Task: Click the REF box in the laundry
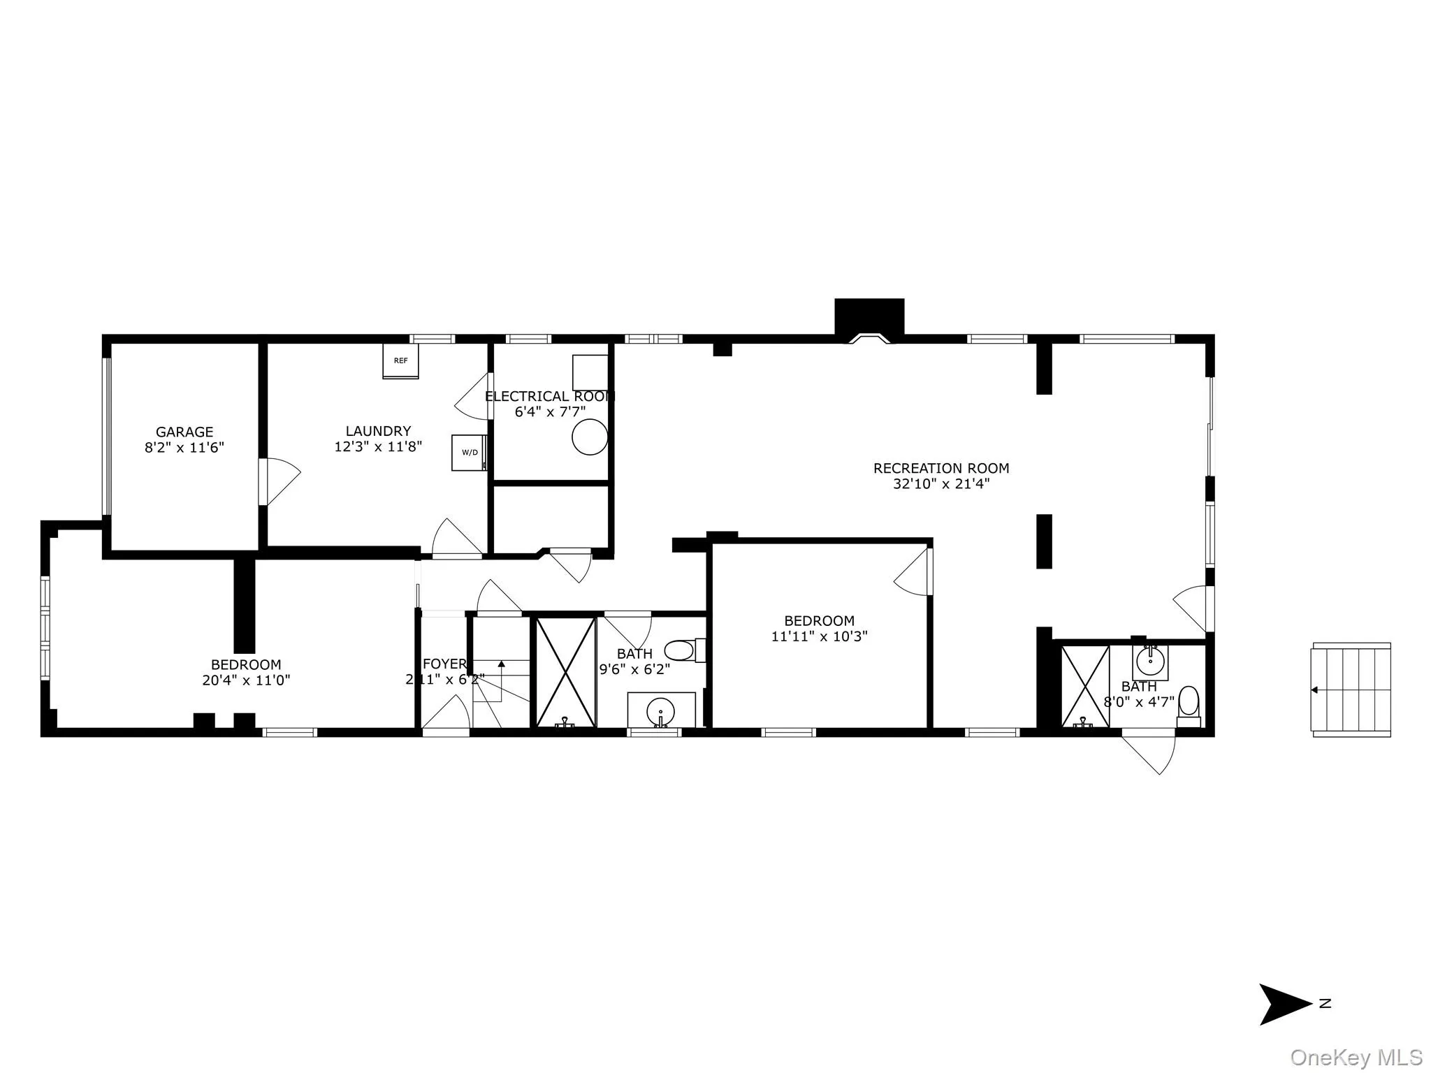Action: [400, 360]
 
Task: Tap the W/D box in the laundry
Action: [469, 452]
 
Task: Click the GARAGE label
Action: [184, 432]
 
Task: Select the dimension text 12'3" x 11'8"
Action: [378, 446]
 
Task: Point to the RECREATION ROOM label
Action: [941, 468]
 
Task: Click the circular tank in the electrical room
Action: [590, 437]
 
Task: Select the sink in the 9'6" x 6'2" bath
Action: [660, 710]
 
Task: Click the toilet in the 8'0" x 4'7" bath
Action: [1189, 701]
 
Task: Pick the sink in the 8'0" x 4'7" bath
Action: [1150, 659]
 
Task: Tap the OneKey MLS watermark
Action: [1356, 1057]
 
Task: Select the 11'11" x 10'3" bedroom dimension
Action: [820, 636]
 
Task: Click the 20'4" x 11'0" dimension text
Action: [246, 680]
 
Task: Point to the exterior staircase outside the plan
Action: [1351, 689]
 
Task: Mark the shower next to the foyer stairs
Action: [565, 672]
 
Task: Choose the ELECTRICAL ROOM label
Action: [550, 396]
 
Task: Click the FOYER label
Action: [444, 664]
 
